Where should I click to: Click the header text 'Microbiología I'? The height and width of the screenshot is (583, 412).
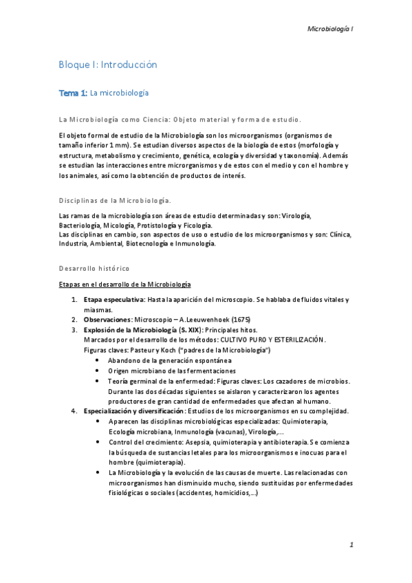[329, 30]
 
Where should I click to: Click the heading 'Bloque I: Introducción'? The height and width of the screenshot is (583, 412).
[108, 65]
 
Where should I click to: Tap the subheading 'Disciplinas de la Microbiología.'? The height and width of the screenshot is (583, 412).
[116, 200]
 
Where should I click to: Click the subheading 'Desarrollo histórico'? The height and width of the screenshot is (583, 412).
[94, 267]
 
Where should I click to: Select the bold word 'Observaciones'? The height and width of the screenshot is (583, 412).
[107, 320]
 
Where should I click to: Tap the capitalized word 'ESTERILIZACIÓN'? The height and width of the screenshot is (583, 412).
[291, 340]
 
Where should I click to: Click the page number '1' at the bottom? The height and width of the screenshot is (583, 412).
[351, 545]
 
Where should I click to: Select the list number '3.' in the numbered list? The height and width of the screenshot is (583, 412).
[75, 330]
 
